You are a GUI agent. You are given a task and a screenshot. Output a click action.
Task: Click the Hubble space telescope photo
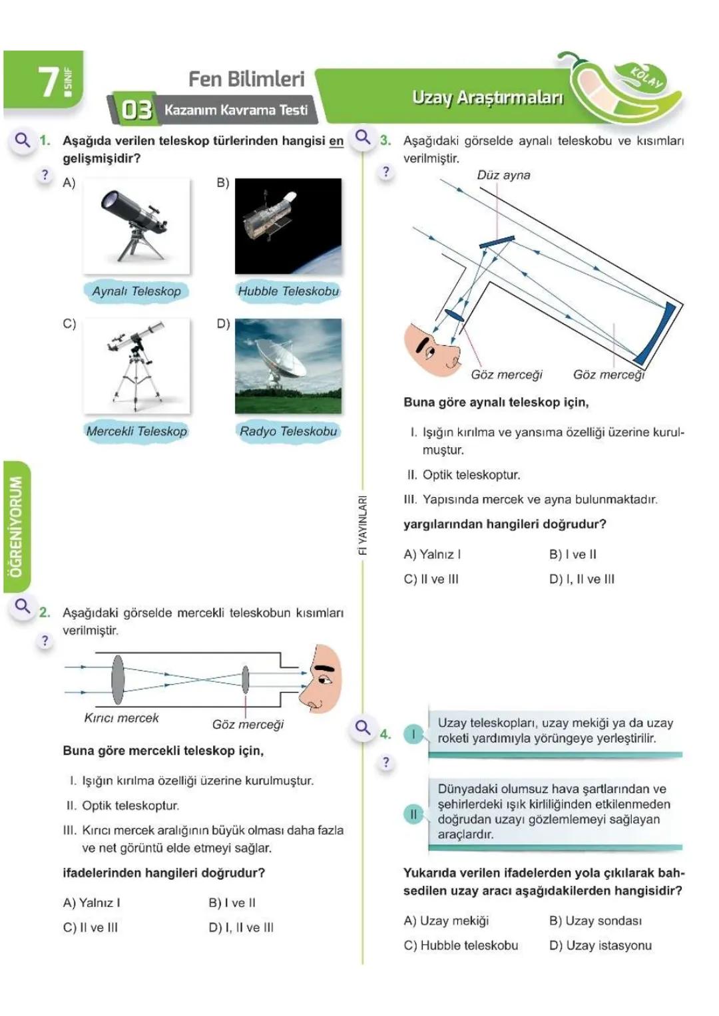288,226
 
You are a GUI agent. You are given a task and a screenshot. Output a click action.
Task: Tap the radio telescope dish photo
288,365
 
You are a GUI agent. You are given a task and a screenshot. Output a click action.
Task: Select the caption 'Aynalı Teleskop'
136,291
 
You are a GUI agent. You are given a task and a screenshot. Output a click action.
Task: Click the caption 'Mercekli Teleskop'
136,431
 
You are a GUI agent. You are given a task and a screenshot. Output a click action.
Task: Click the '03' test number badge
136,110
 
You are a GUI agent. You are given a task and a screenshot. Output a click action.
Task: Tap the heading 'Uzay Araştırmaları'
487,98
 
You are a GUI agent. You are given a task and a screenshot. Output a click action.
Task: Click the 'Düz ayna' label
503,175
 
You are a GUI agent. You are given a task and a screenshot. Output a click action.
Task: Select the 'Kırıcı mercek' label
121,718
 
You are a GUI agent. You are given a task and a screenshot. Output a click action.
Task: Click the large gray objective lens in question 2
118,679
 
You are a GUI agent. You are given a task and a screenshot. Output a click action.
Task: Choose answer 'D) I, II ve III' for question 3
581,579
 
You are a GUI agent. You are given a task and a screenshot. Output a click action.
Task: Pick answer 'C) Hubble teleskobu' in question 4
461,945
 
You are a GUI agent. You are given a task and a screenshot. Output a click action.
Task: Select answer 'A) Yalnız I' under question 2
92,903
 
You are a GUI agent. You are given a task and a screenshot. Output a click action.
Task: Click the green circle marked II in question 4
413,814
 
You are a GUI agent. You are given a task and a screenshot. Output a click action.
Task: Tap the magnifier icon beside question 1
23,140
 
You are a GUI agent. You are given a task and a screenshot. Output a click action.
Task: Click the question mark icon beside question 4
385,762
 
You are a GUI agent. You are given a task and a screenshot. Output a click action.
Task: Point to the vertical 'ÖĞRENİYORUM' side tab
15,526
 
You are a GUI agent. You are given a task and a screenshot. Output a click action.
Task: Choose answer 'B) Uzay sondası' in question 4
595,921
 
